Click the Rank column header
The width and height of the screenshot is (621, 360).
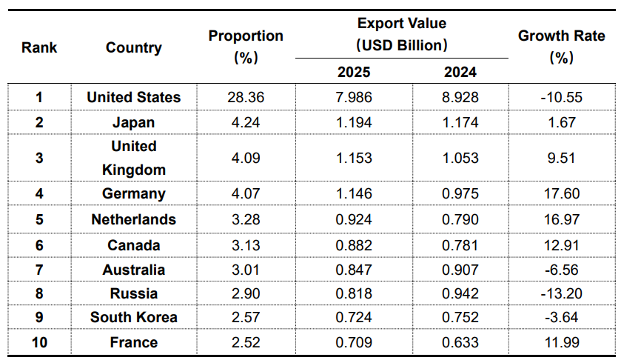pyautogui.click(x=39, y=47)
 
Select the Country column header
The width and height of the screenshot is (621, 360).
pyautogui.click(x=133, y=47)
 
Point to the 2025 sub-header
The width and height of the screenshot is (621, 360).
pyautogui.click(x=354, y=72)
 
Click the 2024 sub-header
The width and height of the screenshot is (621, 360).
pyautogui.click(x=460, y=72)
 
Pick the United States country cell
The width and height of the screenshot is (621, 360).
pyautogui.click(x=133, y=97)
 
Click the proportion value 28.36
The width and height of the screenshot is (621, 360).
pyautogui.click(x=246, y=97)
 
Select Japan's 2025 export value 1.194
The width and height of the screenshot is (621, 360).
pyautogui.click(x=354, y=122)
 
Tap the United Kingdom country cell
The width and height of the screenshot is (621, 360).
pyautogui.click(x=133, y=158)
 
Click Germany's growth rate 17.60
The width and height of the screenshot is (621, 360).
pyautogui.click(x=562, y=194)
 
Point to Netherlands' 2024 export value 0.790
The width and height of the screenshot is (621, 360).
pyautogui.click(x=460, y=219)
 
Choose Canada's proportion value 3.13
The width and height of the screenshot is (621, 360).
pyautogui.click(x=246, y=244)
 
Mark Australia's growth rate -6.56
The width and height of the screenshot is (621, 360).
pyautogui.click(x=562, y=270)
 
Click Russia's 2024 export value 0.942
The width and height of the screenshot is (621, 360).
pyautogui.click(x=460, y=293)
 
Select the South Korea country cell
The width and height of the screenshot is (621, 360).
pyautogui.click(x=133, y=317)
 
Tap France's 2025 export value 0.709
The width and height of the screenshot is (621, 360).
pyautogui.click(x=354, y=342)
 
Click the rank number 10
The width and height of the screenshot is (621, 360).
pyautogui.click(x=39, y=342)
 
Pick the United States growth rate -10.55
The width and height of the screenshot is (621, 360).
pyautogui.click(x=562, y=97)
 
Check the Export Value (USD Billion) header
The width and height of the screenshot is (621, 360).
pyautogui.click(x=402, y=34)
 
